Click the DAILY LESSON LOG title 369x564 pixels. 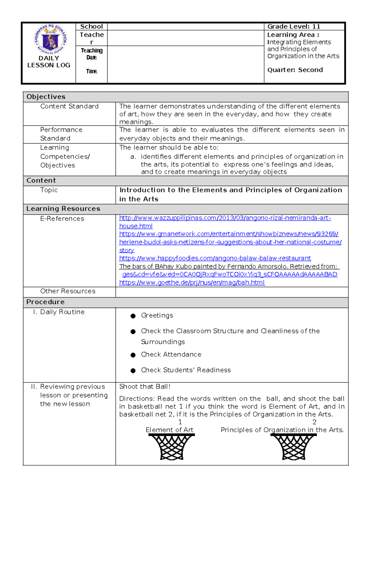pos(49,61)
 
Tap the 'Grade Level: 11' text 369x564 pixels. pos(294,26)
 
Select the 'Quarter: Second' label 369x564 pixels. pos(295,70)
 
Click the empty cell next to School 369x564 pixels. pos(185,26)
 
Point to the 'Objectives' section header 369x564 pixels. pos(46,97)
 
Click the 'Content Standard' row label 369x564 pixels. pos(69,106)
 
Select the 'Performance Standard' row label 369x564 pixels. pos(61,134)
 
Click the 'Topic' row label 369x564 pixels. pos(49,190)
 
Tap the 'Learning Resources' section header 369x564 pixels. pos(63,209)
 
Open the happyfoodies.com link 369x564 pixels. pos(215,258)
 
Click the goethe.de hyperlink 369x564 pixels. pos(192,282)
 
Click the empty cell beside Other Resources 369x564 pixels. pos(232,291)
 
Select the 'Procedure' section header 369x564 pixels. pos(46,302)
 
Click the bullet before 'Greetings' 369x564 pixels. pos(133,316)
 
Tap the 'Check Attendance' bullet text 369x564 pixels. pos(171,354)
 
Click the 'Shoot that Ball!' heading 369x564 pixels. pos(145,387)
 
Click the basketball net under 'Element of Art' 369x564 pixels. pos(172,447)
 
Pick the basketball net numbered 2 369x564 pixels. pos(294,447)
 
